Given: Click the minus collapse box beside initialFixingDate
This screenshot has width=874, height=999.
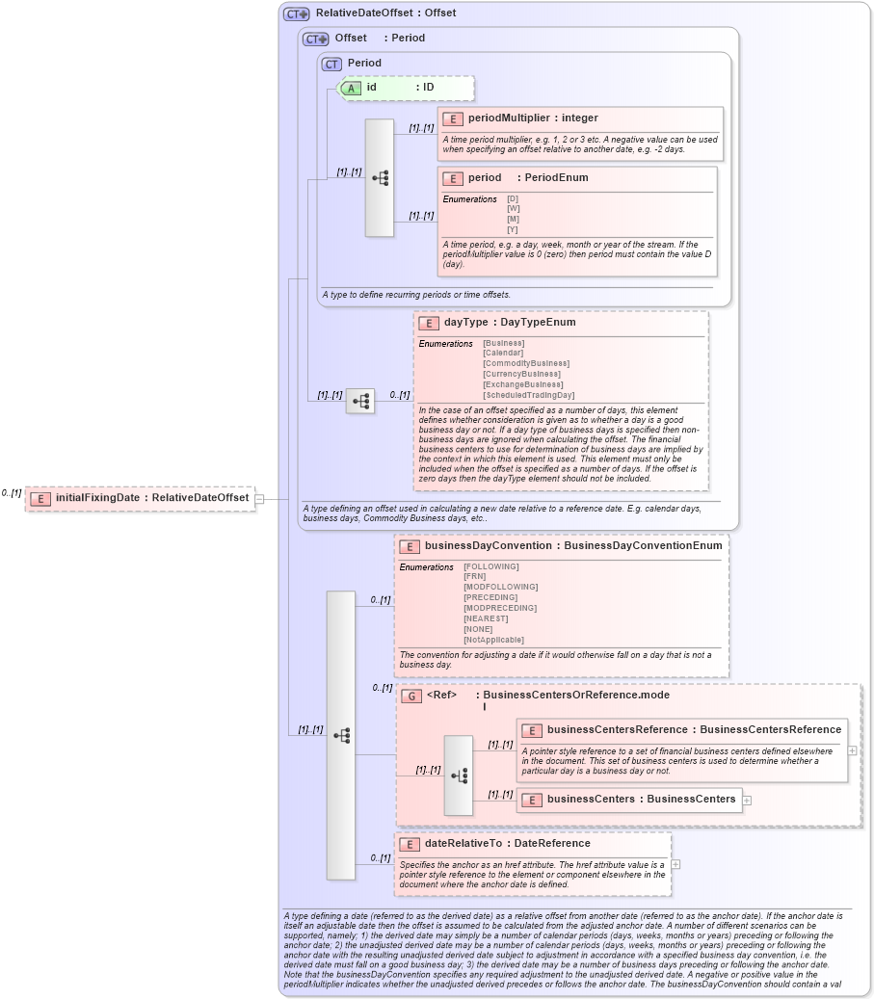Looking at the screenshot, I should point(259,499).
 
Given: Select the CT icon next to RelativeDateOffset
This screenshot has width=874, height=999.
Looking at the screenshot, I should point(296,13).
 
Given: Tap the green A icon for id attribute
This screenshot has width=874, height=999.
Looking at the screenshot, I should point(351,88).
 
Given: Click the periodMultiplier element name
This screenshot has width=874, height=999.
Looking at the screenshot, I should point(508,118).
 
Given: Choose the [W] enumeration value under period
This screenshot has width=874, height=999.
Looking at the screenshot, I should point(513,208).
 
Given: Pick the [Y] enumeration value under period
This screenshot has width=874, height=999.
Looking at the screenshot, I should point(513,229).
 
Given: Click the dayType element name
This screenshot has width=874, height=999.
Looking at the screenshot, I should point(465,323).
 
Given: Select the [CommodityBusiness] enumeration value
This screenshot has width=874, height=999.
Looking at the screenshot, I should point(525,363).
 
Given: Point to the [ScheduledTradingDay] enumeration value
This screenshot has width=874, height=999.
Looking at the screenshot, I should point(528,395).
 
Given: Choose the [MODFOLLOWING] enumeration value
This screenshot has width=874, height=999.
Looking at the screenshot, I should point(500,587).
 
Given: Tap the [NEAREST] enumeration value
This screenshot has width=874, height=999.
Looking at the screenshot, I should point(486,618).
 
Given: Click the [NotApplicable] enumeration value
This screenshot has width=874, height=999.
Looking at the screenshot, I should point(493,640).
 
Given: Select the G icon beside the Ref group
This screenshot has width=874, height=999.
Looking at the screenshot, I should point(411,696).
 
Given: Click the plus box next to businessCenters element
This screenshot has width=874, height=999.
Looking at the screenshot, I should point(747,800).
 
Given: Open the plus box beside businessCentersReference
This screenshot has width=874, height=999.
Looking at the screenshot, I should point(853,749).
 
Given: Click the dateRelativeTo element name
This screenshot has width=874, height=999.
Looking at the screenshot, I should point(466,844).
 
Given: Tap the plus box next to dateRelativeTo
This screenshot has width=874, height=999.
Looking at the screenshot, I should point(675,864).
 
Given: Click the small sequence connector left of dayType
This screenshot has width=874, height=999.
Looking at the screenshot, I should point(360,402).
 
